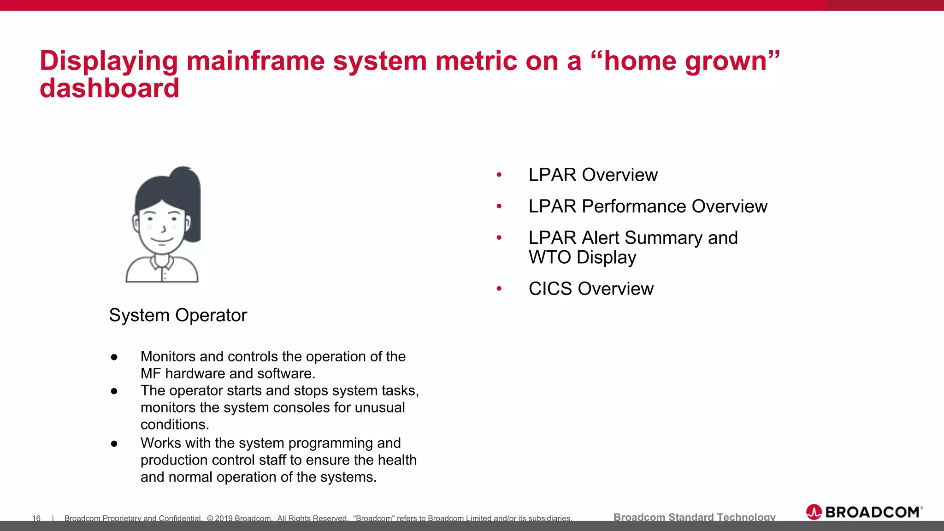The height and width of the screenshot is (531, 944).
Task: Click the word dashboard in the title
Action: tap(109, 88)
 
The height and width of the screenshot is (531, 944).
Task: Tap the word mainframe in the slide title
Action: tap(255, 61)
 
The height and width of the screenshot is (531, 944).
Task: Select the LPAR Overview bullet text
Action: tap(593, 175)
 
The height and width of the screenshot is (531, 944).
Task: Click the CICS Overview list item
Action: tap(591, 289)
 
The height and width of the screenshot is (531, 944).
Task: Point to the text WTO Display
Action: tap(582, 257)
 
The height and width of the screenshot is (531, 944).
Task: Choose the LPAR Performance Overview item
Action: tap(648, 206)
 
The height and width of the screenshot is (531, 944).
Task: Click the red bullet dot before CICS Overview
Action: tap(499, 289)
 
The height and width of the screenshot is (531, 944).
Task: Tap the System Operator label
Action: tap(178, 316)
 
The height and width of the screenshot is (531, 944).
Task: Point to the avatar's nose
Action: tap(163, 228)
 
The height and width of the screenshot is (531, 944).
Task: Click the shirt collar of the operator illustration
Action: tap(162, 263)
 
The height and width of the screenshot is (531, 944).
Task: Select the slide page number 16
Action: tap(36, 519)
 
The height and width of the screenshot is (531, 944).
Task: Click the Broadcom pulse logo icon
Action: tap(814, 512)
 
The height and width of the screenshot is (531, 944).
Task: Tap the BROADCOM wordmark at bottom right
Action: tap(872, 512)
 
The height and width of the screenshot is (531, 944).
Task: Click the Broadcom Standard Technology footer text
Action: tap(694, 517)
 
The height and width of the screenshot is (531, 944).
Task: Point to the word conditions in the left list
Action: tap(175, 425)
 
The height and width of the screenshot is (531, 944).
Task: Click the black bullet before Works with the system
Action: tap(114, 443)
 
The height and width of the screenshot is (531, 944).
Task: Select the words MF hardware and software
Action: tap(228, 374)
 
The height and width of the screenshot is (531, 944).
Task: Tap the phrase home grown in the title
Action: tap(685, 61)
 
